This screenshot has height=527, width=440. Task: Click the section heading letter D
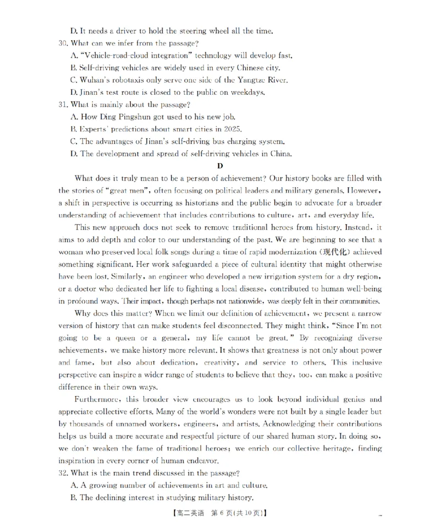point(219,166)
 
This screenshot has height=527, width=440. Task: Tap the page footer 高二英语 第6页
point(219,513)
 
